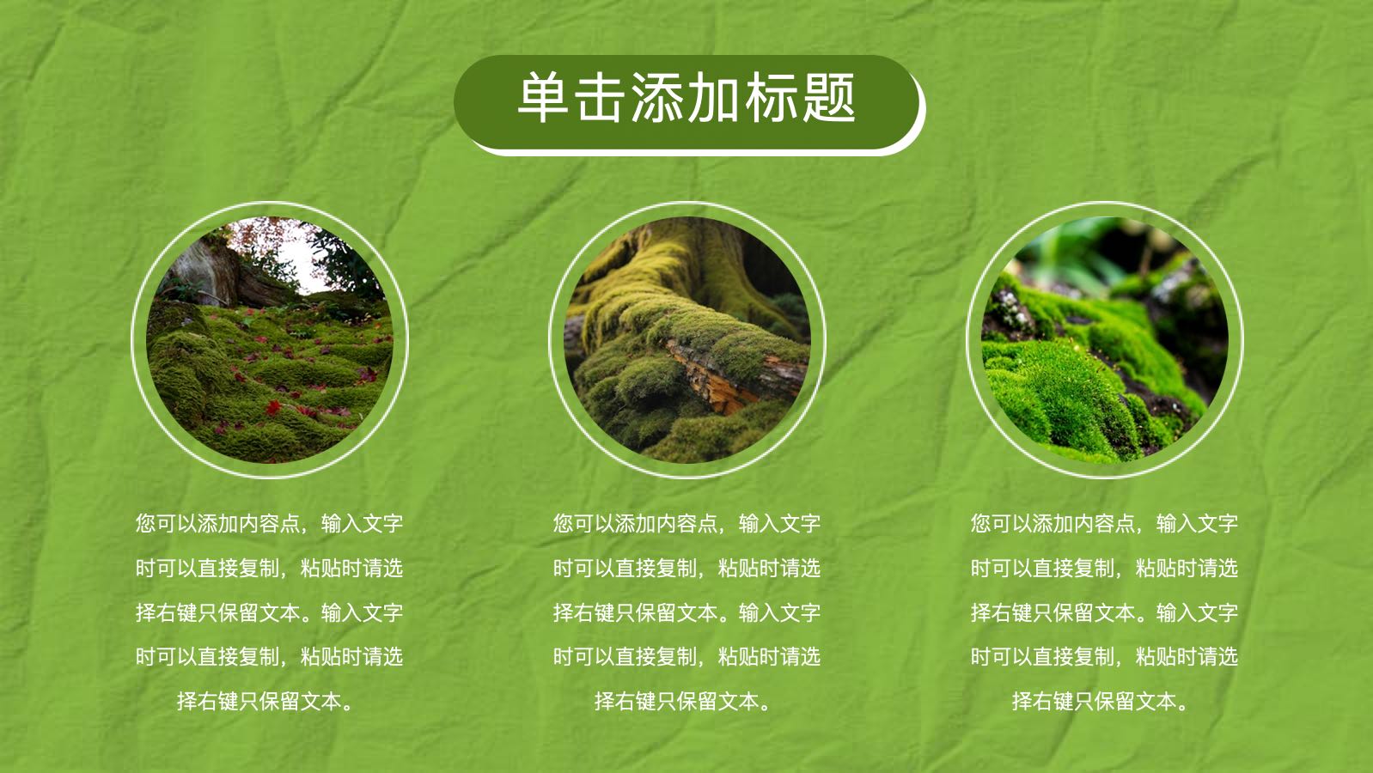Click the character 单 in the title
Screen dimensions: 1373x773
click(x=542, y=97)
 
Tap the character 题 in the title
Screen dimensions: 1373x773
click(x=829, y=97)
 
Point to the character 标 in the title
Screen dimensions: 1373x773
click(x=772, y=97)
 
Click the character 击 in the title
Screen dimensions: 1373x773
click(x=600, y=97)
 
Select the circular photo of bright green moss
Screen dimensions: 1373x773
click(x=1105, y=340)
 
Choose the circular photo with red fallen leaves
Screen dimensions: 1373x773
click(x=270, y=340)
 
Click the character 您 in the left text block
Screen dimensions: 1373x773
click(x=145, y=524)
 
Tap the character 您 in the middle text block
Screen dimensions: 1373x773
click(x=563, y=524)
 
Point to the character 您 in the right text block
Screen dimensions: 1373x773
click(x=980, y=524)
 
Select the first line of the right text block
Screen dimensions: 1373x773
click(x=1105, y=524)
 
